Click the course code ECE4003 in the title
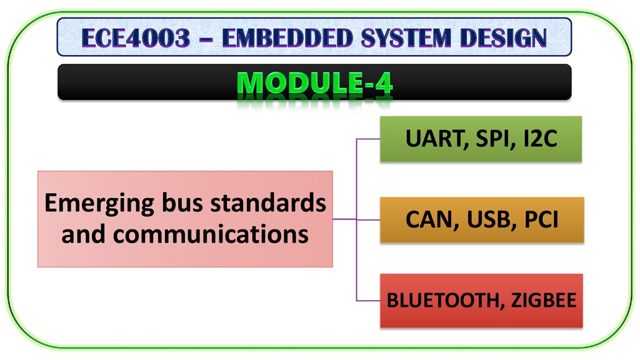(136, 38)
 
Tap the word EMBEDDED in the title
(287, 38)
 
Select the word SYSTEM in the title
(406, 38)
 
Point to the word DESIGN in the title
(503, 38)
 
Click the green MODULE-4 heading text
(315, 83)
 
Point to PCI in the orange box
(541, 219)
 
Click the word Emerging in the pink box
(99, 204)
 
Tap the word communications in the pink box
(211, 234)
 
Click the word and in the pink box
(83, 234)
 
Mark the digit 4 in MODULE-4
(384, 83)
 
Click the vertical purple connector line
(356, 219)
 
